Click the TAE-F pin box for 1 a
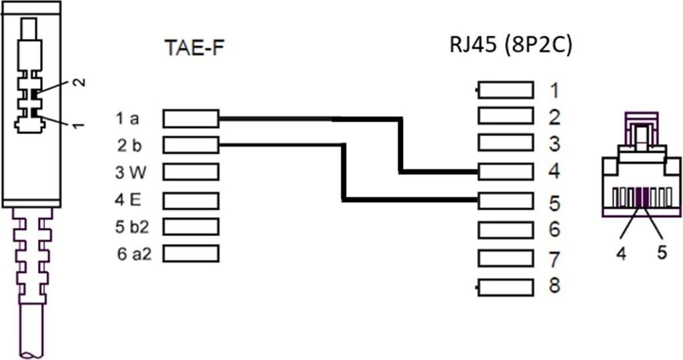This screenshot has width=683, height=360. [191, 119]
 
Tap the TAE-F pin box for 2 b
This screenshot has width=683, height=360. [191, 145]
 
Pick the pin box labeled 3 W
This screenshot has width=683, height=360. [191, 172]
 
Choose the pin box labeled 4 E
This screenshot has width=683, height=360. [191, 199]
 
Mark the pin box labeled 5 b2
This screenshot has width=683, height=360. [191, 227]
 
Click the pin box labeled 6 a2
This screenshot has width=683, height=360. [191, 253]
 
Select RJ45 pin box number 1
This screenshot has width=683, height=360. [506, 90]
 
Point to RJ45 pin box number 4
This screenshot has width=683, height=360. [506, 172]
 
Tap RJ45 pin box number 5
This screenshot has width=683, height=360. [506, 199]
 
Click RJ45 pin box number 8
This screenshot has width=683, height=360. [506, 287]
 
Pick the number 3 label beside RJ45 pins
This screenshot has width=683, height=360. [554, 143]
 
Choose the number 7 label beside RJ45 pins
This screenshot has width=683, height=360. [554, 258]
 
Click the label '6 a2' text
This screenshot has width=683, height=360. [133, 254]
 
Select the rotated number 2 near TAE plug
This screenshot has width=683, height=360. [79, 83]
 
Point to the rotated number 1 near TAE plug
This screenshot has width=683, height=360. [79, 125]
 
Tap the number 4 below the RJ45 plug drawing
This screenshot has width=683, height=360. [621, 254]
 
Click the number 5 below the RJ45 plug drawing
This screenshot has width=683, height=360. [662, 254]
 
